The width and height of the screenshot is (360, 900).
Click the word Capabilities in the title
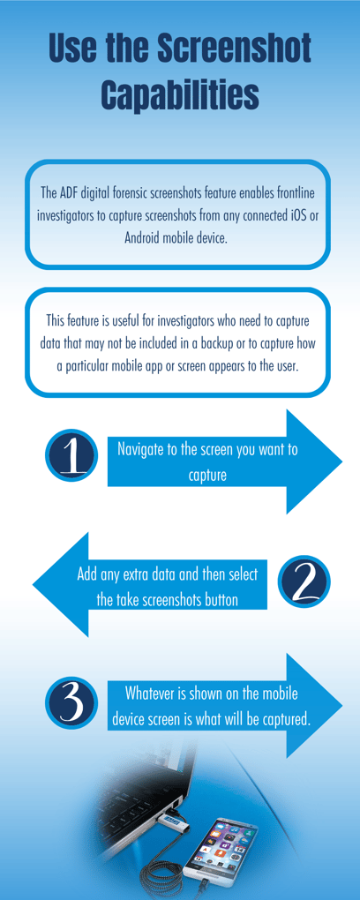click(180, 94)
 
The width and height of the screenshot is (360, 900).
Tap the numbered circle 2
click(304, 581)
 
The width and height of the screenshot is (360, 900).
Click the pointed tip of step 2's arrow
click(34, 583)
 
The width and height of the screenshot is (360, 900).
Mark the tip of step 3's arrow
click(341, 705)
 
